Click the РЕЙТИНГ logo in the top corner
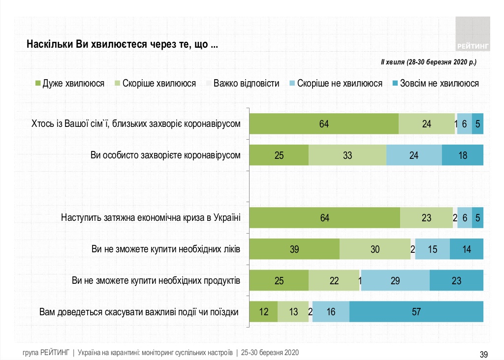(472, 33)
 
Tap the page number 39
(483, 354)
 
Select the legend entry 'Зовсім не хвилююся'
(434, 84)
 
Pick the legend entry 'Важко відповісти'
(243, 84)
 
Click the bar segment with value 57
(416, 312)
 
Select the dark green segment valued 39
(294, 249)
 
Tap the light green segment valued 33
(347, 155)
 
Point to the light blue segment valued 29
(395, 281)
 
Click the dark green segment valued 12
(263, 312)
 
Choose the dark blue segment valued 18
(463, 155)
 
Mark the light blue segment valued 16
(331, 312)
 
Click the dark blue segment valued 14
(467, 249)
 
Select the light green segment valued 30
(375, 249)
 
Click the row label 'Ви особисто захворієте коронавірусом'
(166, 155)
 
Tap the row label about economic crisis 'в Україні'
(151, 217)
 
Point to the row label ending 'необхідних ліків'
(166, 249)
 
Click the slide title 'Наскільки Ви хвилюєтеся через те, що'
(123, 44)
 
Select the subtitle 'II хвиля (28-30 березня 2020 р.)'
(428, 62)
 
